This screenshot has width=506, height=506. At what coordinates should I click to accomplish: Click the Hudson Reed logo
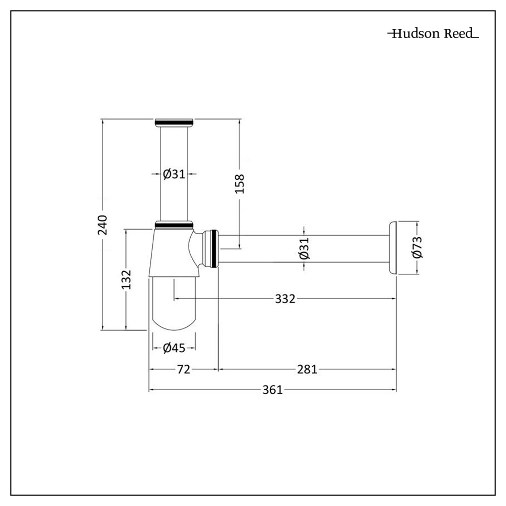pyautogui.click(x=433, y=34)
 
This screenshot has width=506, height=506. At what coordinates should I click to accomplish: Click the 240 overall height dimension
pyautogui.click(x=103, y=225)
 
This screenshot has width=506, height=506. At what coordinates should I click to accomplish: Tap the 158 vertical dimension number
pyautogui.click(x=239, y=184)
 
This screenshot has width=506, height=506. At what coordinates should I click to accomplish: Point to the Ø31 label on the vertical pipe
pyautogui.click(x=174, y=174)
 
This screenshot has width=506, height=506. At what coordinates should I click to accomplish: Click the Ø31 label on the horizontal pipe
pyautogui.click(x=304, y=248)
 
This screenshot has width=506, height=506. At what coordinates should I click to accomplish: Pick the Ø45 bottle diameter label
pyautogui.click(x=174, y=348)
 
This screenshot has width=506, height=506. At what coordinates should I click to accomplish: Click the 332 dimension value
pyautogui.click(x=285, y=299)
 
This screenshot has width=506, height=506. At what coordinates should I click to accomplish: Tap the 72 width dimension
pyautogui.click(x=183, y=369)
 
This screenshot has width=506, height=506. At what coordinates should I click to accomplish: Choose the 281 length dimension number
pyautogui.click(x=307, y=369)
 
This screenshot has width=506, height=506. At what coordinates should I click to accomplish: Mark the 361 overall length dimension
pyautogui.click(x=272, y=390)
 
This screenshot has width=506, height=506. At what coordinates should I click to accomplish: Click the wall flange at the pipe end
pyautogui.click(x=392, y=248)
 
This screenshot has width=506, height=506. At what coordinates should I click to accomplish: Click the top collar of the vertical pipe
pyautogui.click(x=174, y=122)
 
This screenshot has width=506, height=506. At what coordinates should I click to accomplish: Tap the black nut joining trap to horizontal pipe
pyautogui.click(x=216, y=248)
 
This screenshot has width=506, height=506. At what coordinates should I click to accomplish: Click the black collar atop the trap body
pyautogui.click(x=174, y=224)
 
